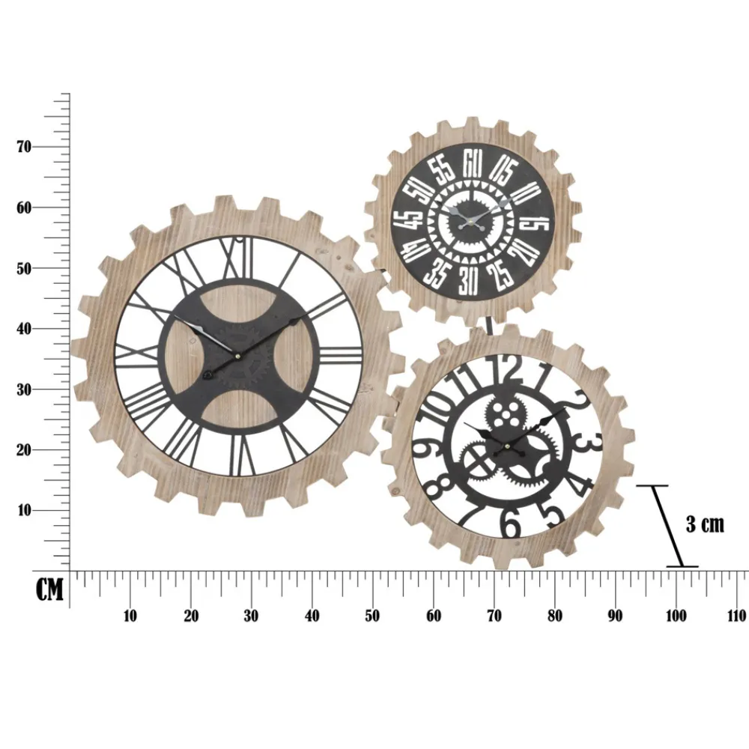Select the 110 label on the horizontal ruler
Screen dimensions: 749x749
click(736, 616)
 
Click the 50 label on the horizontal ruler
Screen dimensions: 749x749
click(372, 616)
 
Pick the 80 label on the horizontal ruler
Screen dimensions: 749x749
click(554, 616)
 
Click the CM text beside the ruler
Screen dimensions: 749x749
click(50, 590)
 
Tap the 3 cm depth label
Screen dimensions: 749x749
click(706, 524)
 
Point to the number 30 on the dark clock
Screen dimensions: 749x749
click(469, 281)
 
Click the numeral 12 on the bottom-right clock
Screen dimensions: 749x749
click(508, 369)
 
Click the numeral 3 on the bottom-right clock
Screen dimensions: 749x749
click(591, 443)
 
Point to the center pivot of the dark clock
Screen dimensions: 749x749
click(473, 220)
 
